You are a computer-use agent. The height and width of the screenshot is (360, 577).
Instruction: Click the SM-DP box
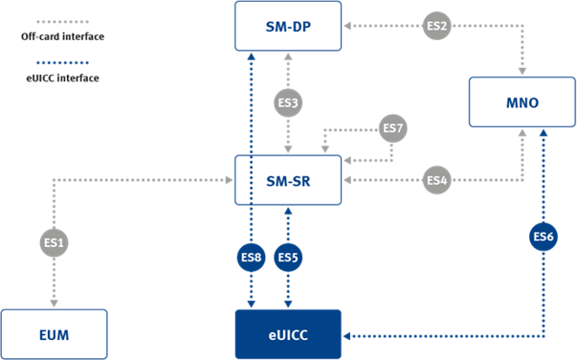[x=288, y=26]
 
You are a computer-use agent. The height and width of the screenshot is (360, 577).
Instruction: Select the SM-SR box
[x=288, y=180]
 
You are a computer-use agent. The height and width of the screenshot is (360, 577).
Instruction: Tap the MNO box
[x=522, y=101]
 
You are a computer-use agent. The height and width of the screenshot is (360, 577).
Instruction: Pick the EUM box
[x=55, y=334]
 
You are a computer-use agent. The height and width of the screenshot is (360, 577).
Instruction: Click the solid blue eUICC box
[x=288, y=334]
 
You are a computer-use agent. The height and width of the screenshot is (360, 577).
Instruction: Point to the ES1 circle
[x=55, y=242]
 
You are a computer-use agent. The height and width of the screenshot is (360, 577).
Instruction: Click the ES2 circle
[x=436, y=26]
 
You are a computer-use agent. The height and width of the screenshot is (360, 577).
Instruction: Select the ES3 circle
[x=288, y=102]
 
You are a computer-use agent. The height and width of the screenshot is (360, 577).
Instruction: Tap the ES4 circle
[x=436, y=180]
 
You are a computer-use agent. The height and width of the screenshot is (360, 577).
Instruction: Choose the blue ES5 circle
[x=288, y=257]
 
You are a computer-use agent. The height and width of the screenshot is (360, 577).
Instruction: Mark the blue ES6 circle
[x=544, y=236]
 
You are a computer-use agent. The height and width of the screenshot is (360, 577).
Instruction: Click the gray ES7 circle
[x=393, y=128]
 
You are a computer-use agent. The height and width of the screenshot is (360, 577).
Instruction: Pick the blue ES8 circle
[x=251, y=257]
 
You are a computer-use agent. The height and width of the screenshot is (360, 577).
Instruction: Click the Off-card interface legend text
[x=62, y=36]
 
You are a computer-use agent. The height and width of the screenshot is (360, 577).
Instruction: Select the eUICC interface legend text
[x=62, y=79]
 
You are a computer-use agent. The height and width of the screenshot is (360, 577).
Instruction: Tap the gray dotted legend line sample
[x=62, y=22]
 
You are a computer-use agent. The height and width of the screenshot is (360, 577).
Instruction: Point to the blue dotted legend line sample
[x=62, y=62]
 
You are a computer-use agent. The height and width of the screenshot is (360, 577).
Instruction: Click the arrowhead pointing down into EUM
[x=55, y=304]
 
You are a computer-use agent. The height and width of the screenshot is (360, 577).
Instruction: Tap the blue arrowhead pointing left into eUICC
[x=347, y=336]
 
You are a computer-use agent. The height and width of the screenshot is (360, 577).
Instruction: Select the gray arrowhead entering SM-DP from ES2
[x=347, y=26]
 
